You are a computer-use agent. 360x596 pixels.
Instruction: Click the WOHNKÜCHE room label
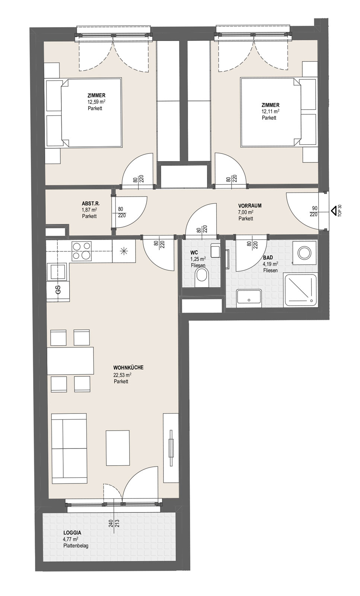128,367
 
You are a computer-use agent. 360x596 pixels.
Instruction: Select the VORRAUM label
250,205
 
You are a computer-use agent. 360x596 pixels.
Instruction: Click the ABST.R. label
91,203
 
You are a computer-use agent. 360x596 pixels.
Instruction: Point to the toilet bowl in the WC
201,277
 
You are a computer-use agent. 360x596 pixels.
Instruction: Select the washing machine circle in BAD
304,253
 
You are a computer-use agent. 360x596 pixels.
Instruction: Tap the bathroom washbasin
249,298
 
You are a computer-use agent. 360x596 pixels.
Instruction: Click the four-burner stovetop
82,251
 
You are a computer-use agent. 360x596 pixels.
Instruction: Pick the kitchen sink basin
57,272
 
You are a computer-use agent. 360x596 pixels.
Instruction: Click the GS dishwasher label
58,289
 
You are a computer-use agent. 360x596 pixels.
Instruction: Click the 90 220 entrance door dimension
314,211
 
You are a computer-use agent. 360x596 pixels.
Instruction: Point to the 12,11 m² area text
270,111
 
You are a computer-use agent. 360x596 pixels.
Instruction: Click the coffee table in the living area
118,448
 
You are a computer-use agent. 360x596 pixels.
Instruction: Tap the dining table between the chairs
70,361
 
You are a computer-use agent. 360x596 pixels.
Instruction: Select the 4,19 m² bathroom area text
270,264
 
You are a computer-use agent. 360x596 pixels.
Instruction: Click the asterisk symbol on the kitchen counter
124,251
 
